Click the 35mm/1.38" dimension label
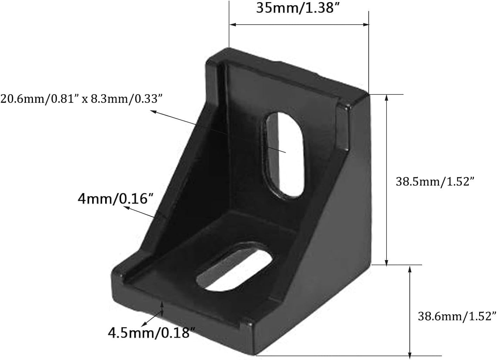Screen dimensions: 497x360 tap(298, 8)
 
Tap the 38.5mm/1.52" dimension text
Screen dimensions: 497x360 tap(435, 182)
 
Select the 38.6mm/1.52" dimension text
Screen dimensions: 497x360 tap(457, 316)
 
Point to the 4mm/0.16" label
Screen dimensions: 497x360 tap(116, 199)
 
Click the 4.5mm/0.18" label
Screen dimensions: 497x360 tap(151, 332)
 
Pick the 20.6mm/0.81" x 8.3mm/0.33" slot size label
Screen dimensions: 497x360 tap(81, 99)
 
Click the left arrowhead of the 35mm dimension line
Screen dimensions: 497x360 tap(232, 25)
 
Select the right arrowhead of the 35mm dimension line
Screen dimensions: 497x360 tap(366, 25)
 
